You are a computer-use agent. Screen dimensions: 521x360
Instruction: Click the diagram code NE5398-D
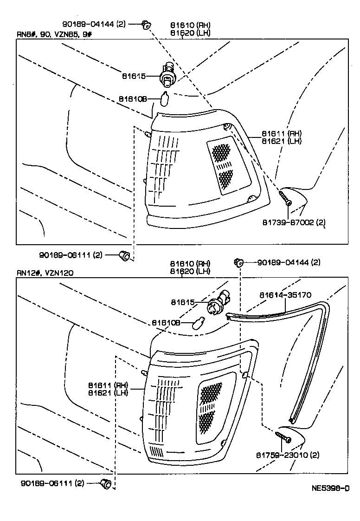pos(330,488)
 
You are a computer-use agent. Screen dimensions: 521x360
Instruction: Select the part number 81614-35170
pos(285,295)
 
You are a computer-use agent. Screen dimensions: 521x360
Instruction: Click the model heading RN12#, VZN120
pos(45,273)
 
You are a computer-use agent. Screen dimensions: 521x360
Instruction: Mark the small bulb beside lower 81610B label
pos(201,321)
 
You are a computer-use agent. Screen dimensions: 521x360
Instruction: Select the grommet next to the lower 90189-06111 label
pos(106,484)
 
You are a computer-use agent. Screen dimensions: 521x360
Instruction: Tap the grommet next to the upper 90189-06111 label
pos(124,254)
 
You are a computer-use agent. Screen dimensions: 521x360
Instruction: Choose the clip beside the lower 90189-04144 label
pos(239,263)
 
